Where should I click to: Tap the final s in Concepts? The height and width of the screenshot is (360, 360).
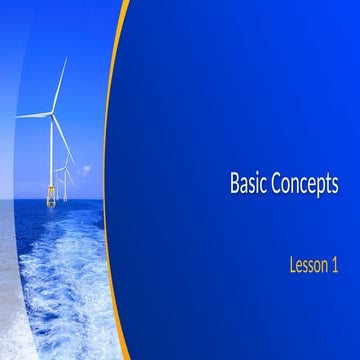(335, 186)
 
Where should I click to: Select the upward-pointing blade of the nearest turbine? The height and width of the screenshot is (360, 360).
(61, 84)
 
